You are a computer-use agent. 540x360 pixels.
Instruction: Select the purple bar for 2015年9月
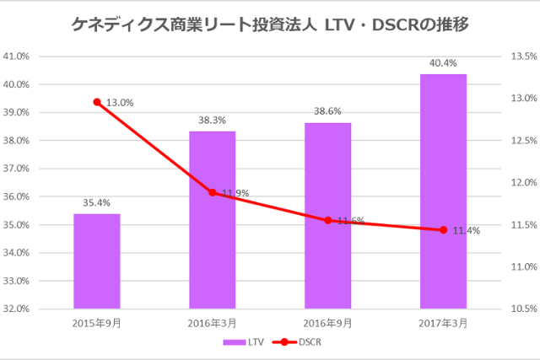tap(97, 261)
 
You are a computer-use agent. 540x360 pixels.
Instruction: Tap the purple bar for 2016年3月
tap(213, 220)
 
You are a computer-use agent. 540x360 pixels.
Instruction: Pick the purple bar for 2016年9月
tap(328, 216)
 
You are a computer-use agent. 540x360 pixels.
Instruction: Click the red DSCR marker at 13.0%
tap(97, 102)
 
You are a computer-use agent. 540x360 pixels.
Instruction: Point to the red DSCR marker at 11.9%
tap(213, 193)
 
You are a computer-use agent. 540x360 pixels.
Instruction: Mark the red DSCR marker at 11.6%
tap(328, 220)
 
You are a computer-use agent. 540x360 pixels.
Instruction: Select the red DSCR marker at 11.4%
tap(443, 229)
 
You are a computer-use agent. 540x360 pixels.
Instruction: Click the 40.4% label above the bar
tap(443, 62)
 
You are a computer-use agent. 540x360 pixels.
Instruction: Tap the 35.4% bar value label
tap(97, 202)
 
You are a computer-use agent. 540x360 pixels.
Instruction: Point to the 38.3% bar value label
tap(213, 121)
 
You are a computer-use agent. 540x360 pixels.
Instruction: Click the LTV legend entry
tap(242, 342)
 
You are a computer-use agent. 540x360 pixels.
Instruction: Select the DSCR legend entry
tap(298, 342)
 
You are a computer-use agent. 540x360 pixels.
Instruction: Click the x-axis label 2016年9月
tap(328, 324)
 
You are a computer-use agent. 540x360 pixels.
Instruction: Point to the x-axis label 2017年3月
tap(443, 324)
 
